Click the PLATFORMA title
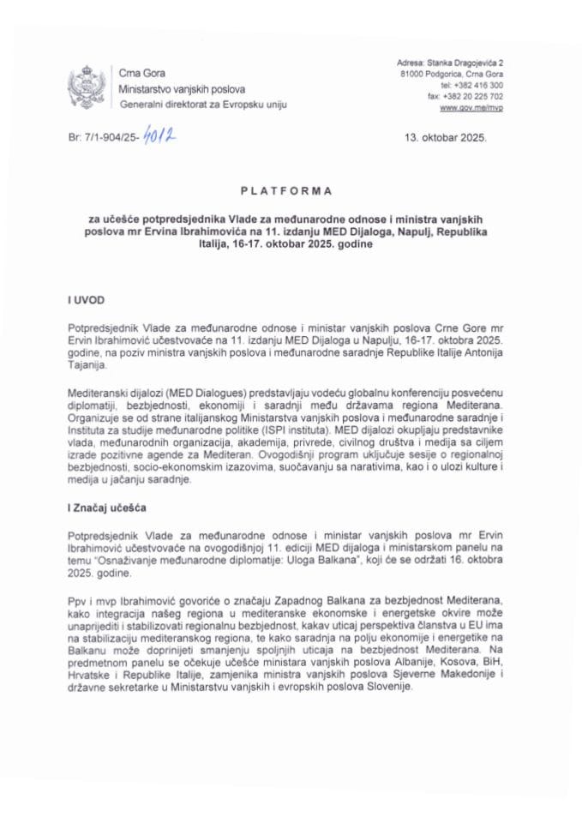pyautogui.click(x=291, y=190)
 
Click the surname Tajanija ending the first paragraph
pyautogui.click(x=88, y=363)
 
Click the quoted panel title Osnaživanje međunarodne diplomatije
pyautogui.click(x=198, y=556)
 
